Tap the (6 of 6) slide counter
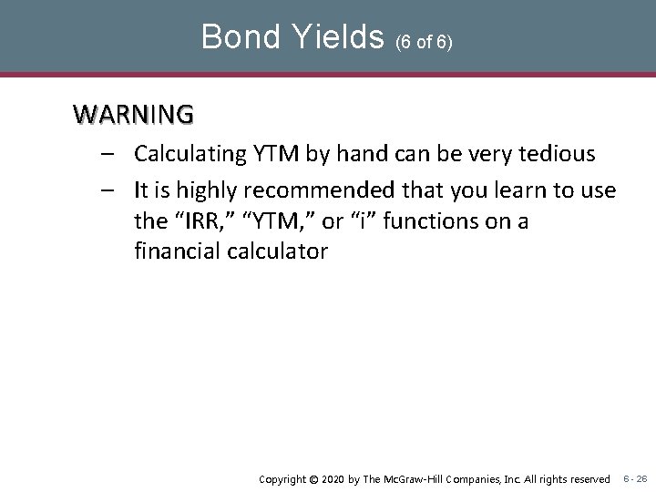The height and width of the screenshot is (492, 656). click(x=424, y=41)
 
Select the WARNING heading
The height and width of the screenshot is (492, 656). click(x=134, y=115)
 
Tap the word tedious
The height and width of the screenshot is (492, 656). click(x=560, y=154)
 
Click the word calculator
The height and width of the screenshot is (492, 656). click(x=277, y=251)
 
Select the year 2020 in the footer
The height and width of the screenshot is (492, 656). click(x=334, y=479)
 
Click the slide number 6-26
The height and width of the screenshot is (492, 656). click(x=635, y=479)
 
